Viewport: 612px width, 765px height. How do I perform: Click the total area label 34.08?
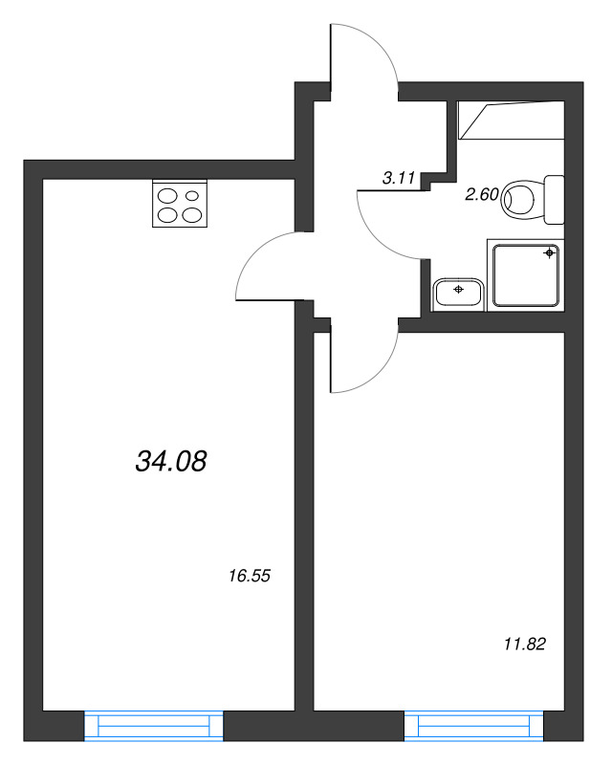click(x=172, y=463)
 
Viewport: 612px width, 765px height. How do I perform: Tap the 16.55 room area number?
click(x=251, y=576)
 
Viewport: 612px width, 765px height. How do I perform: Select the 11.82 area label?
click(x=524, y=644)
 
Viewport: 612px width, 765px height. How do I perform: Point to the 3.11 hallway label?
click(x=398, y=177)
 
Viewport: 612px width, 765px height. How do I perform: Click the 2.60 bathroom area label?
click(x=481, y=195)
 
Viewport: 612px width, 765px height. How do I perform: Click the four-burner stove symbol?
click(x=180, y=205)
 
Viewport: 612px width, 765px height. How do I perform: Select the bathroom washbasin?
click(x=460, y=293)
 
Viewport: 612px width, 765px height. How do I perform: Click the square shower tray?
click(x=525, y=274)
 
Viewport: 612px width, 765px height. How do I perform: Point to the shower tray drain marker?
click(x=549, y=253)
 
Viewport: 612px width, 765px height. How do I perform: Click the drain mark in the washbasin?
click(x=460, y=288)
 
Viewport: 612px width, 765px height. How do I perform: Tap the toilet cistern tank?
click(x=554, y=199)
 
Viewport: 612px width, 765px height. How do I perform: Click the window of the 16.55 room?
click(x=153, y=727)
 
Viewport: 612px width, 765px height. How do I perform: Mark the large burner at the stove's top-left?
click(x=167, y=195)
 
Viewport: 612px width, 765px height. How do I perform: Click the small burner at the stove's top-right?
click(x=192, y=195)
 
